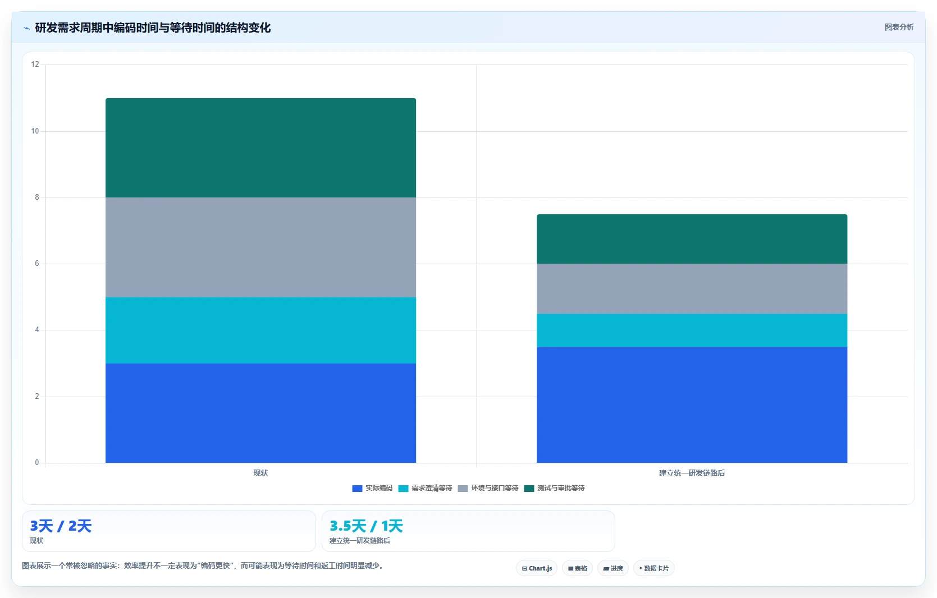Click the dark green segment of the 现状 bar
tap(260, 148)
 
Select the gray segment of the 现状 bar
tap(260, 247)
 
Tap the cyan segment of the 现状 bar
tap(260, 330)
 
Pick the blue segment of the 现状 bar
tap(260, 413)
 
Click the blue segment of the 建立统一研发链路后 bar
tap(692, 405)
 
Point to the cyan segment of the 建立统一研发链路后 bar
tap(692, 330)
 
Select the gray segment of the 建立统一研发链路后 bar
tap(692, 289)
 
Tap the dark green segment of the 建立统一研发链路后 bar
tap(692, 239)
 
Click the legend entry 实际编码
tap(372, 488)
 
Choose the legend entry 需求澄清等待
tap(425, 488)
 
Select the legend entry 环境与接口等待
tap(488, 488)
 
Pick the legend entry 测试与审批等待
tap(554, 488)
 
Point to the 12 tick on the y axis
tap(35, 65)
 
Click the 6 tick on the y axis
tap(37, 264)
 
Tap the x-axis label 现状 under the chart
tap(260, 473)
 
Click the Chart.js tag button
tap(537, 568)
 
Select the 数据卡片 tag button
tap(654, 568)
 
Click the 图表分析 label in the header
tap(899, 27)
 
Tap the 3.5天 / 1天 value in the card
tap(366, 526)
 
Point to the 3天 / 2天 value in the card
tap(61, 526)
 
